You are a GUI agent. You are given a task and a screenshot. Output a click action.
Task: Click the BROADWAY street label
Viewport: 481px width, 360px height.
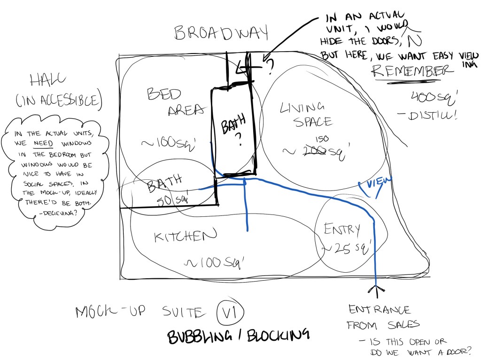click(221, 33)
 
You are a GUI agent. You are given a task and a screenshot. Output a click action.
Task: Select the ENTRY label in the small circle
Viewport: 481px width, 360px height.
click(342, 229)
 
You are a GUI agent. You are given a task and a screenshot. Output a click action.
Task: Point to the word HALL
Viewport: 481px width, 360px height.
click(47, 81)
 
